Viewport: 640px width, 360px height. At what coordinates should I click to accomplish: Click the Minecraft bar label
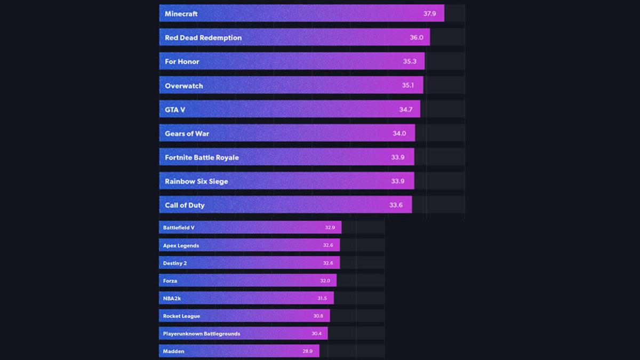point(181,14)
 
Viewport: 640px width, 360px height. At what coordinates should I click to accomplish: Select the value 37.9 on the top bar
point(430,14)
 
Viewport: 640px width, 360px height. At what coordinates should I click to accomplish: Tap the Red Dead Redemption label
point(203,38)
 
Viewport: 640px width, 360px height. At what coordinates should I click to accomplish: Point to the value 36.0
point(417,38)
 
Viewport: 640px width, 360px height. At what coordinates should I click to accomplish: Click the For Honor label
point(182,62)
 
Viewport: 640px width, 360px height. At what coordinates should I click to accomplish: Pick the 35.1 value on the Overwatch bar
point(408,86)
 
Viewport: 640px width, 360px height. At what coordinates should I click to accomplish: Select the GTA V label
point(175,110)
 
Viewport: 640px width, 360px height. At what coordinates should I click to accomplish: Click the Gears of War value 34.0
point(399,134)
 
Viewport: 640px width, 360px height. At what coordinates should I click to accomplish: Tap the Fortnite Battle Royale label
point(202,158)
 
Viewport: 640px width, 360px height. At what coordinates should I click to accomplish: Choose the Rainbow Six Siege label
point(196,182)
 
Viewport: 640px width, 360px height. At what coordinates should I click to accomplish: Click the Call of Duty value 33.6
point(396,205)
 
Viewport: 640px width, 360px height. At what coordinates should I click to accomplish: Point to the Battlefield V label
point(179,228)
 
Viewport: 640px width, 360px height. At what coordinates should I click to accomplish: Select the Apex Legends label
point(181,246)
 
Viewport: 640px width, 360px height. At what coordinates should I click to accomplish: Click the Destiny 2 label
point(175,263)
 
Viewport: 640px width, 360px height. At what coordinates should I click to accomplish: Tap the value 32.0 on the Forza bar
point(325,281)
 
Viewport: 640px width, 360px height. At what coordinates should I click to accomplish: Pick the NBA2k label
point(172,299)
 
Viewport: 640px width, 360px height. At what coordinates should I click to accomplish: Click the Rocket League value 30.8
point(318,316)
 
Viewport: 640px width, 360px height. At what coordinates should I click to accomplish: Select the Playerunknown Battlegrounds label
point(202,334)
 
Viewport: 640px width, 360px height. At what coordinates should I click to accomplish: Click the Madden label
point(174,351)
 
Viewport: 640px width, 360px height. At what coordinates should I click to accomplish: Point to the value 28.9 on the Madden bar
point(308,351)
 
